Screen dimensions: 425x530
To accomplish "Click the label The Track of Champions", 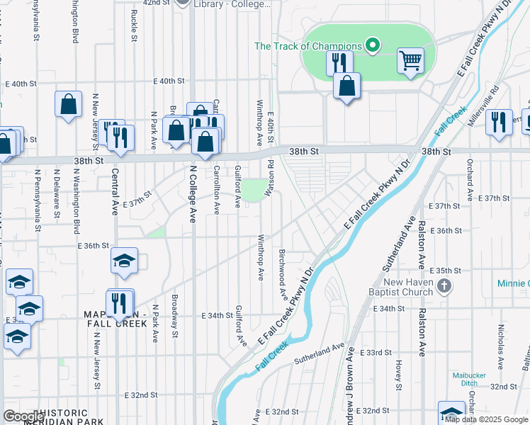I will (308, 47).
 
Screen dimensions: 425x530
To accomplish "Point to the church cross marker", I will (444, 287).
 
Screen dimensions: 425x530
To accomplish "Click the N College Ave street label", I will (192, 194).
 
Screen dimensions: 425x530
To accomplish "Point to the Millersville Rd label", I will (484, 106).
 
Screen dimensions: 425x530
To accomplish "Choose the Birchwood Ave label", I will (283, 273).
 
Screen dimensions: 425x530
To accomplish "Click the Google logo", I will (24, 416).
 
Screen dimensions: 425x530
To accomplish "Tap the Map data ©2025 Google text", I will (485, 419).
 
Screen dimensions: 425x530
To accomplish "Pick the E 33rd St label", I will (376, 353).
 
